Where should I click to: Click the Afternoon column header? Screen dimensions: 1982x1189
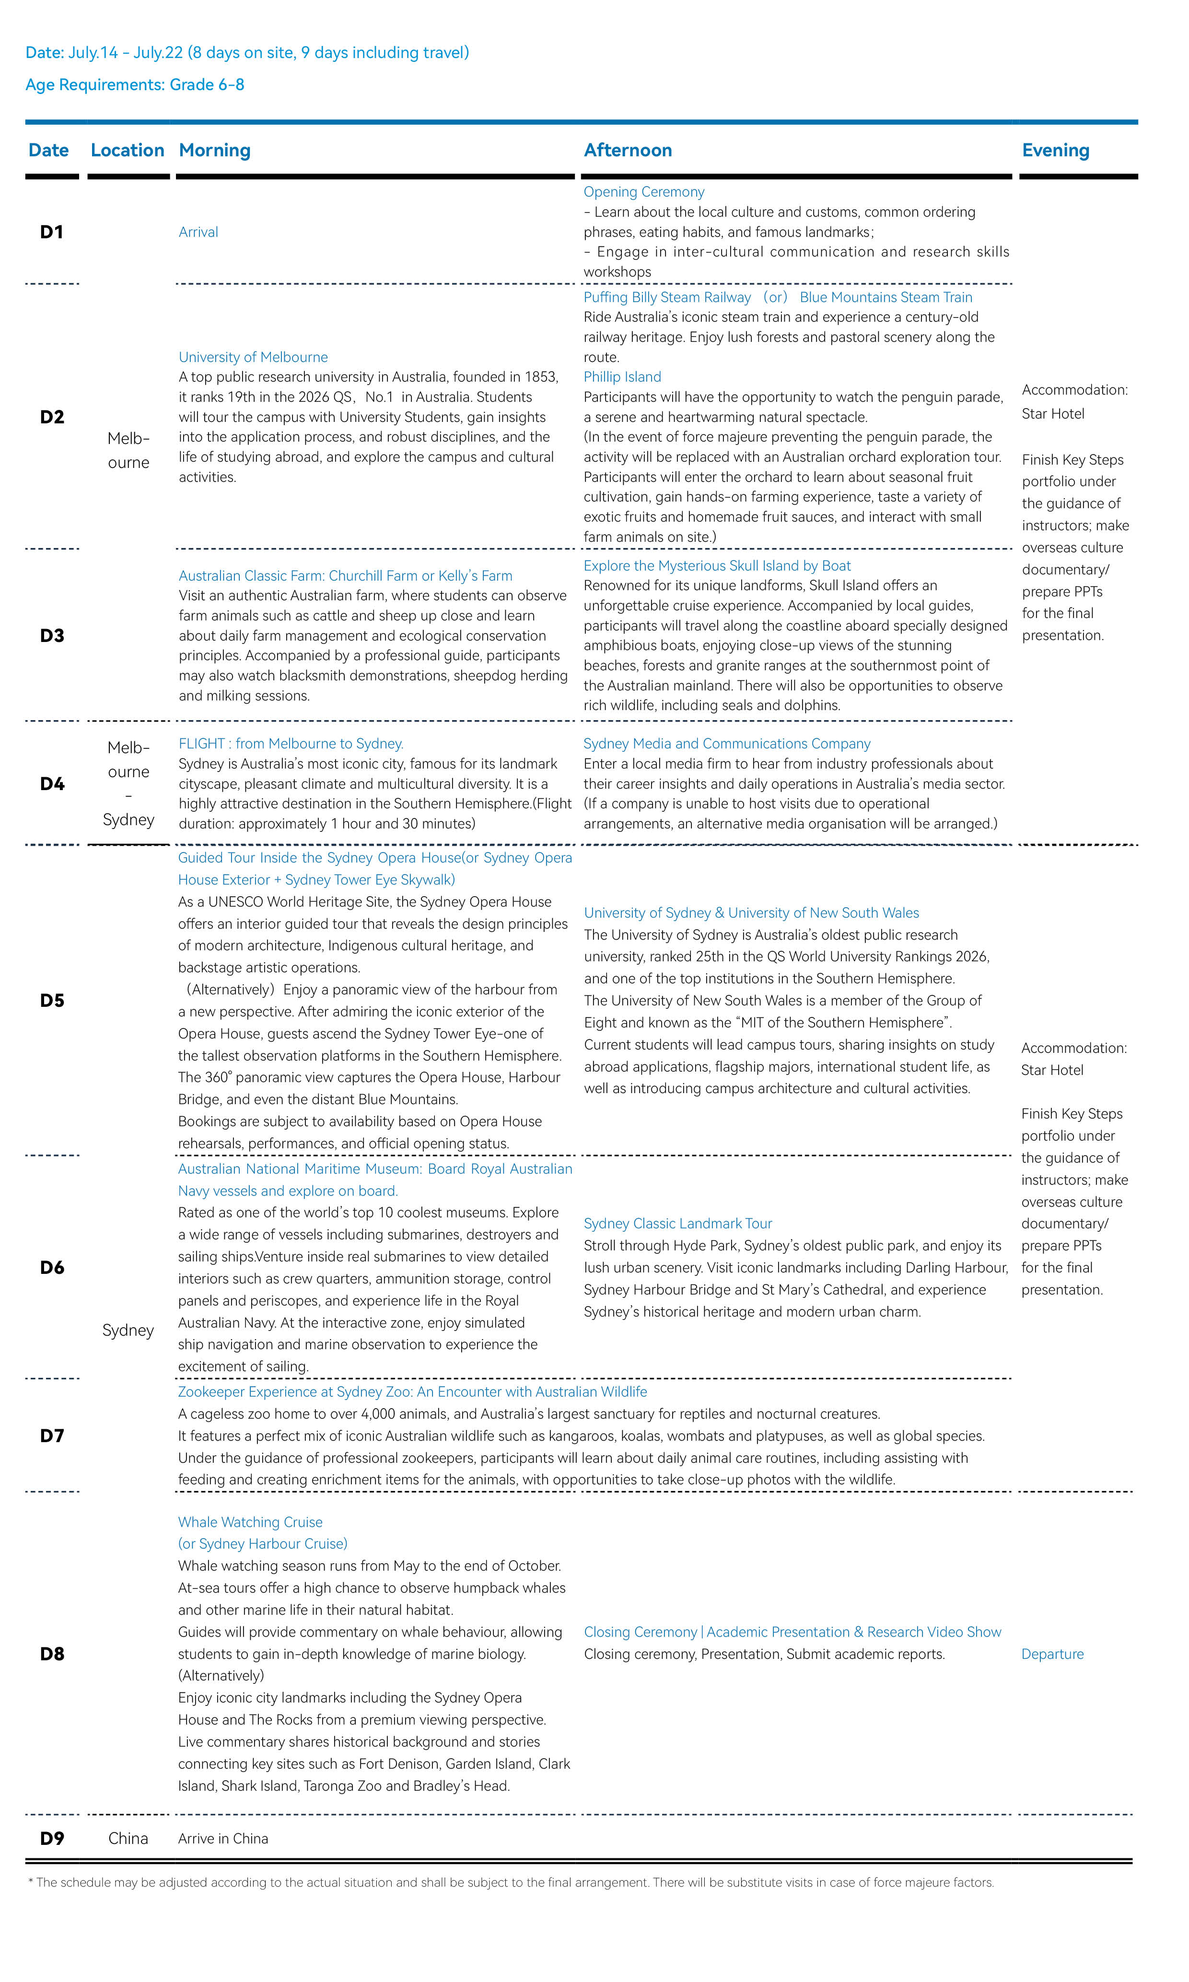click(x=628, y=151)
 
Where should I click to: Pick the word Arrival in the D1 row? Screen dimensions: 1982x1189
click(x=198, y=233)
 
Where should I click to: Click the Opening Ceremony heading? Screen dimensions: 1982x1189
click(x=643, y=192)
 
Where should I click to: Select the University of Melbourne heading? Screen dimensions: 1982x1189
click(x=253, y=357)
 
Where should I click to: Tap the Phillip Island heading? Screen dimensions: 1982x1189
click(x=622, y=377)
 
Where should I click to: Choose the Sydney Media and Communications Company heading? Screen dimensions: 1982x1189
click(x=727, y=744)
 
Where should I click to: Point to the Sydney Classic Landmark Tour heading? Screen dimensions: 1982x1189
click(x=678, y=1224)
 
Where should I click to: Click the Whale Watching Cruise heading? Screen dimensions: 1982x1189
click(x=250, y=1522)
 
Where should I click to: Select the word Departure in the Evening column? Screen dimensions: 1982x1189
click(x=1052, y=1655)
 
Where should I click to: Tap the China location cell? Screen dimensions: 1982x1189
click(x=128, y=1839)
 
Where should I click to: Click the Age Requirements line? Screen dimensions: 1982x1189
click(x=135, y=85)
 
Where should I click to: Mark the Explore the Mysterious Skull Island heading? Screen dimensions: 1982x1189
click(x=717, y=566)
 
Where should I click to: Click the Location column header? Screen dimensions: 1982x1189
click(x=128, y=151)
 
